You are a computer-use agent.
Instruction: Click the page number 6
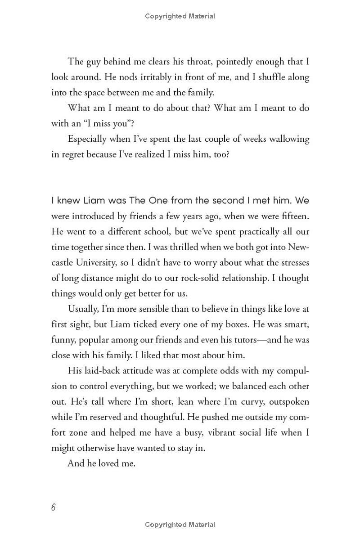[x=53, y=507]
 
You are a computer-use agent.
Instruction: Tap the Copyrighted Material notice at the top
[x=180, y=16]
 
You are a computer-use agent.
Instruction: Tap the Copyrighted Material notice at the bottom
[x=180, y=525]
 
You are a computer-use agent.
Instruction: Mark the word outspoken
[x=287, y=402]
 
